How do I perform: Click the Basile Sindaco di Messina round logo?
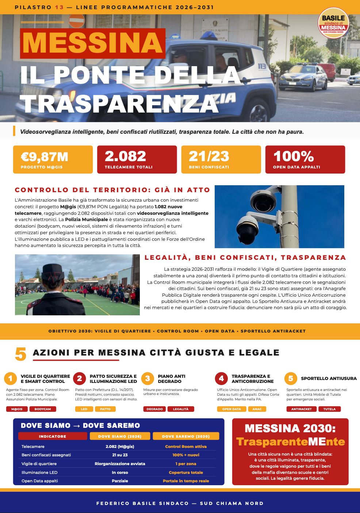click(333, 23)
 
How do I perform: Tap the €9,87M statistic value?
click(45, 157)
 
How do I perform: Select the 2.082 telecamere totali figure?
click(125, 156)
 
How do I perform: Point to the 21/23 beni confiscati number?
click(209, 156)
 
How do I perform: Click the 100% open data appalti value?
click(294, 156)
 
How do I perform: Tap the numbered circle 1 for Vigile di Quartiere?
click(11, 379)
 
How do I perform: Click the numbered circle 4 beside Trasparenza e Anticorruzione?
click(221, 379)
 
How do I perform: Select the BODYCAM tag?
click(43, 409)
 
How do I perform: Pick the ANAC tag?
click(257, 409)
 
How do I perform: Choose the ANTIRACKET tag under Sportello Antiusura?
click(302, 409)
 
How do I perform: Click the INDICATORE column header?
click(53, 436)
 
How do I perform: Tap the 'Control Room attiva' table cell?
click(186, 446)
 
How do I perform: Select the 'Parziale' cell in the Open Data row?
click(120, 481)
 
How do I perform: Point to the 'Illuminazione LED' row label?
click(39, 472)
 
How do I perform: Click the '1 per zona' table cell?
click(186, 464)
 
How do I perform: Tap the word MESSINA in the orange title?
click(93, 43)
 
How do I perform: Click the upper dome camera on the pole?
click(263, 199)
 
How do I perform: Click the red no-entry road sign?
click(77, 21)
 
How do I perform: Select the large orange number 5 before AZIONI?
click(21, 354)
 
